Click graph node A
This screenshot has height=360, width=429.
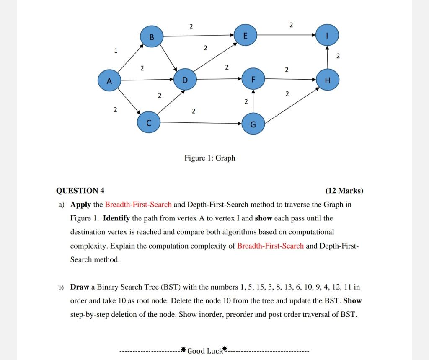108,80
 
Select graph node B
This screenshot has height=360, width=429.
152,36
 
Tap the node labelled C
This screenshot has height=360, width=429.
148,123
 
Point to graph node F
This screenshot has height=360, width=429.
252,80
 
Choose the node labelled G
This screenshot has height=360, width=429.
253,124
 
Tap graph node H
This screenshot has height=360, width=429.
328,80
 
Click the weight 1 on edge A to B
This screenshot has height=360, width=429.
115,51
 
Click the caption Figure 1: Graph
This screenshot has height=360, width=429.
210,158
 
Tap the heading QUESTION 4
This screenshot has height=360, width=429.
80,191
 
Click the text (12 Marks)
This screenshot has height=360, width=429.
344,191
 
